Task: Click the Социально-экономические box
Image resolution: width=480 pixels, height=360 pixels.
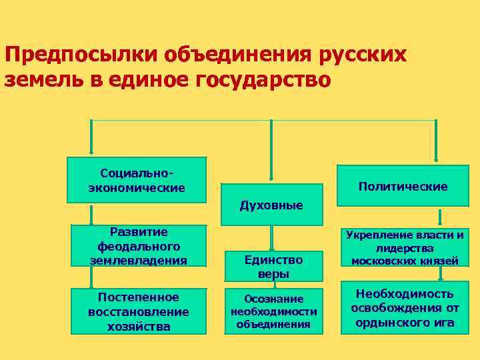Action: [x=137, y=179]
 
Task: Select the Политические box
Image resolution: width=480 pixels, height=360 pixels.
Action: [x=403, y=187]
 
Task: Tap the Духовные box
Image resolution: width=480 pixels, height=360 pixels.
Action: [x=271, y=205]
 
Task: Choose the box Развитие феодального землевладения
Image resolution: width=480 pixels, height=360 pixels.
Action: [x=139, y=245]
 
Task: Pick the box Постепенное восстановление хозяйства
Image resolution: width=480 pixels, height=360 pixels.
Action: [x=139, y=311]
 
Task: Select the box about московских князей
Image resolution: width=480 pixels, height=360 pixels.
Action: [x=405, y=247]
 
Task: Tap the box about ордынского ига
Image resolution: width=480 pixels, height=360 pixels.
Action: [x=405, y=308]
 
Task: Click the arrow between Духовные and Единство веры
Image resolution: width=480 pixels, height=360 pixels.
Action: [x=272, y=237]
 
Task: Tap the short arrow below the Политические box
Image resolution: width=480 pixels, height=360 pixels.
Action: [x=440, y=217]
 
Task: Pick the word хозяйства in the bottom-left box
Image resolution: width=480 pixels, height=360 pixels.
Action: [x=139, y=326]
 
